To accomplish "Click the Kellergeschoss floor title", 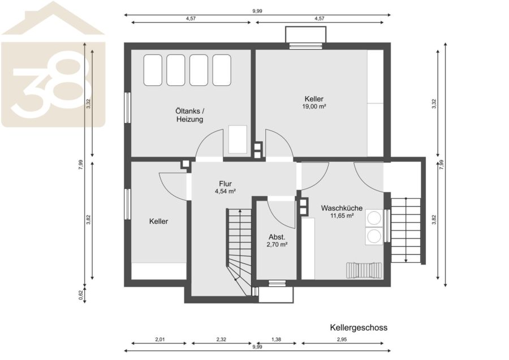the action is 359,328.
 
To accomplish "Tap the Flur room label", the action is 225,184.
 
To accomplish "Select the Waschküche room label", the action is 342,208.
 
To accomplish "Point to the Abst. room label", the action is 277,237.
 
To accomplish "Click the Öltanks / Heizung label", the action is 190,115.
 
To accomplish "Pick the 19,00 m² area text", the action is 314,106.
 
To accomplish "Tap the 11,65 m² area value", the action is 342,215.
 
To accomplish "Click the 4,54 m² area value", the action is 225,192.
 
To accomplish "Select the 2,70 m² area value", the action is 277,245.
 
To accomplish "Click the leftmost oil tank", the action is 153,70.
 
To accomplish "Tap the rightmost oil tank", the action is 222,70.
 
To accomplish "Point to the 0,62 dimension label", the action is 81,295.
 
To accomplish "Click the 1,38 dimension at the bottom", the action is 276,340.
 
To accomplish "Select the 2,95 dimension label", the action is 342,340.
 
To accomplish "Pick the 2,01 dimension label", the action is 160,340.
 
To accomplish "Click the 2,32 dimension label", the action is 221,340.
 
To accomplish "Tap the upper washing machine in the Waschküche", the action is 374,218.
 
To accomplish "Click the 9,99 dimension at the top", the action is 257,11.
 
